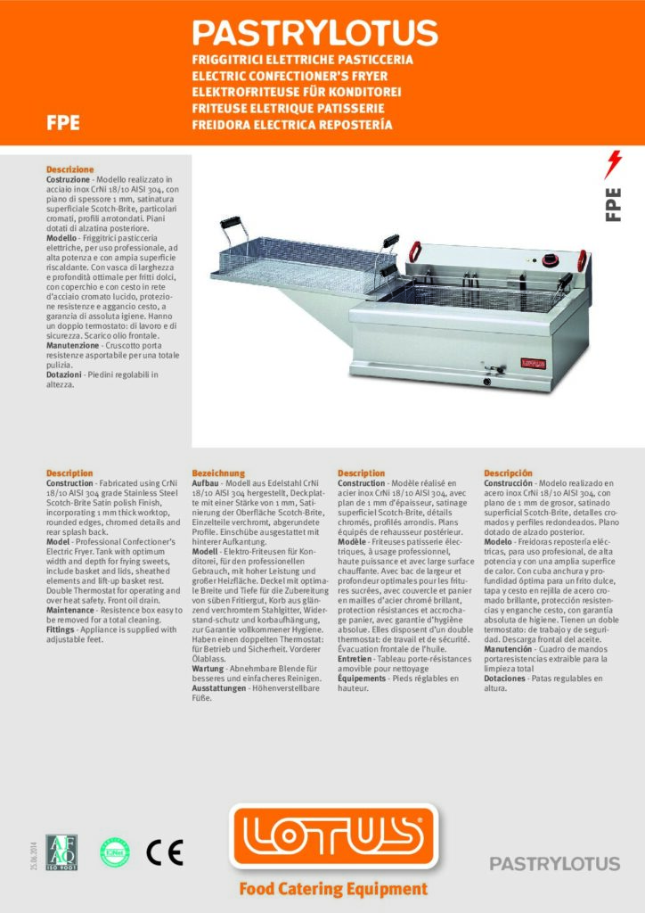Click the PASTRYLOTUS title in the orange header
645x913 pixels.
315,33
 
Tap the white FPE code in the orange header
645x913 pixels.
63,124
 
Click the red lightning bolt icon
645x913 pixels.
613,165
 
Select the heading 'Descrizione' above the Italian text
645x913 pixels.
69,169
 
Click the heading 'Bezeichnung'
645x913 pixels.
218,473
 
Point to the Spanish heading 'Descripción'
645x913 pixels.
508,473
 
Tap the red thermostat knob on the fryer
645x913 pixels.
551,259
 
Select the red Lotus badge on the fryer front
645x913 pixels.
532,362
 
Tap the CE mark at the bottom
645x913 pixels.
165,853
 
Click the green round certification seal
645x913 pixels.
114,853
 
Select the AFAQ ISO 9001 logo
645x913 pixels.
61,853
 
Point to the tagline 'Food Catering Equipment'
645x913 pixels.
332,889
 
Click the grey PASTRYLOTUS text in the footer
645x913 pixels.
554,863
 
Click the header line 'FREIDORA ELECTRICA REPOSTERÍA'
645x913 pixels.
292,124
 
